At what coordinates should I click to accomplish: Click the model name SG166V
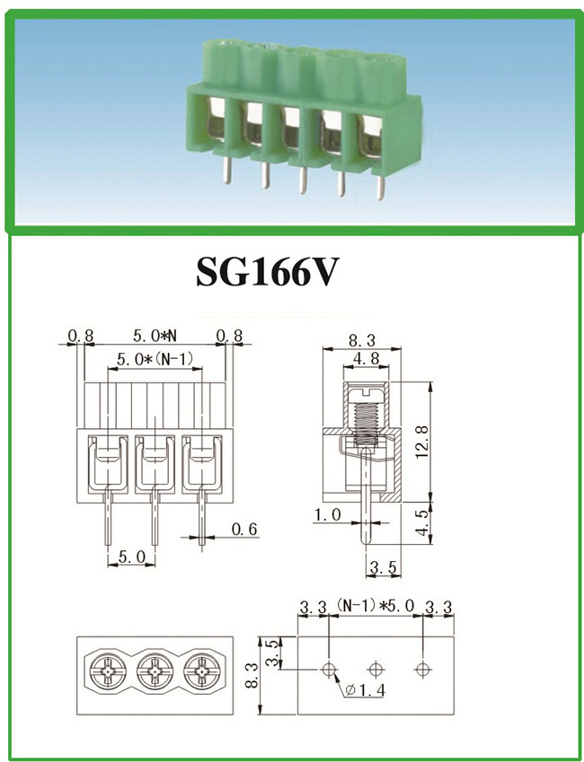267,272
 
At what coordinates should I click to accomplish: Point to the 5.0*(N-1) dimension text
155,360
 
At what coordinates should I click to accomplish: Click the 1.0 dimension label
325,515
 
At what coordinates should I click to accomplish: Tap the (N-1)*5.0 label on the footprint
375,607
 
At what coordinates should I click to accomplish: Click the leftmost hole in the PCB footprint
330,669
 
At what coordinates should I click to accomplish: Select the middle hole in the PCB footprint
376,669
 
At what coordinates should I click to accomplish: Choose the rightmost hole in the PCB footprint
421,669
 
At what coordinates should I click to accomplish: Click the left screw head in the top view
107,670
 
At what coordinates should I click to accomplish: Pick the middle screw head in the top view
154,670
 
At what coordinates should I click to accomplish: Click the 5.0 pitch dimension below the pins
130,557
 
